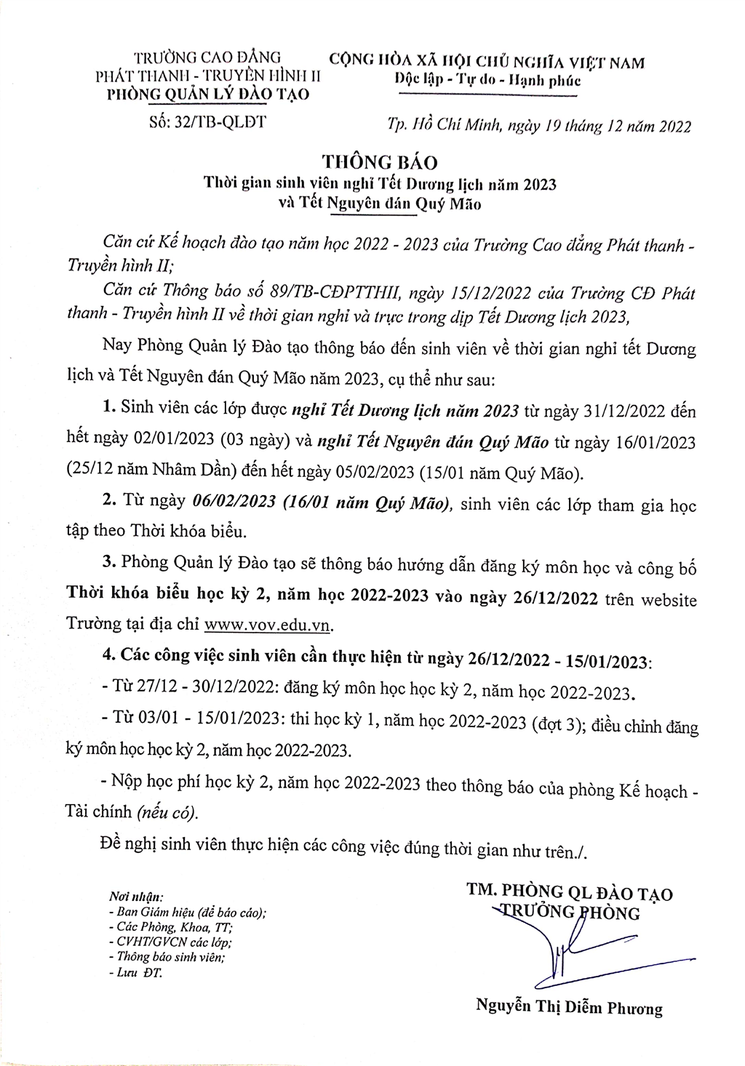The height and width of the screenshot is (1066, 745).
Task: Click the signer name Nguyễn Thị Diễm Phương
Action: [x=569, y=1008]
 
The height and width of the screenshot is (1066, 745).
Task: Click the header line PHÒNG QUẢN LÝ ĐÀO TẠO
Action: [x=208, y=94]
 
